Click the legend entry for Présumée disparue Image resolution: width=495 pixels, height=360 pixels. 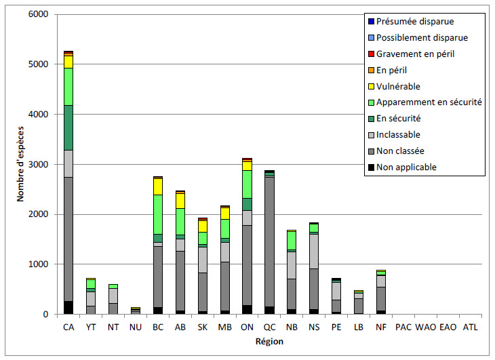coord(415,21)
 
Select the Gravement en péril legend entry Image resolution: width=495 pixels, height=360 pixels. coord(415,54)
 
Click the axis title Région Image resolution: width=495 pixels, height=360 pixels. coord(269,341)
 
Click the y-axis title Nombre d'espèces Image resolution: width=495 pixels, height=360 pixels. coord(22,164)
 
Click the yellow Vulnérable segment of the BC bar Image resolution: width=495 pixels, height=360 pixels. coord(158,186)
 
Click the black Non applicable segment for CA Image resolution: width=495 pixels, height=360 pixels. coord(68,308)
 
